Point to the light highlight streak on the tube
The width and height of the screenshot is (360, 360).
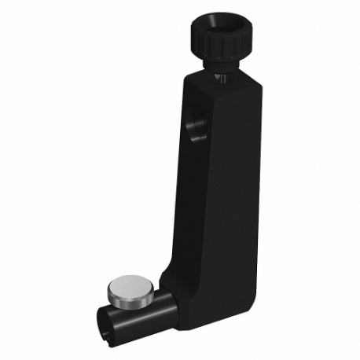(145, 321)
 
